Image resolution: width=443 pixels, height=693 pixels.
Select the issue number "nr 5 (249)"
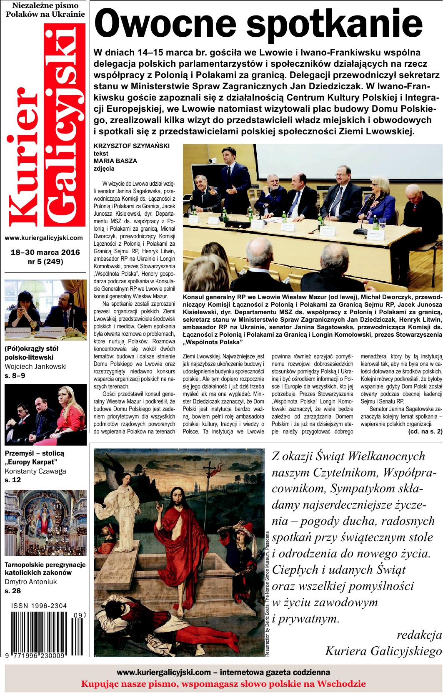(45, 262)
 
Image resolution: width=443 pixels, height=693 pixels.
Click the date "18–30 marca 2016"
(45, 253)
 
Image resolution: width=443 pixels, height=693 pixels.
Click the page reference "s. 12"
(13, 480)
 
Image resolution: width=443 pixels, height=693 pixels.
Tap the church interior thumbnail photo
(45, 524)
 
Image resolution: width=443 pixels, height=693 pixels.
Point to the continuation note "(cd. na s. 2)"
(425, 444)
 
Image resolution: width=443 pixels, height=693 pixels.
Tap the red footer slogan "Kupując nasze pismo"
(223, 684)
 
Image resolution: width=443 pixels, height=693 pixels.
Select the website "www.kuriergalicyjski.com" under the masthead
(44, 238)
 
